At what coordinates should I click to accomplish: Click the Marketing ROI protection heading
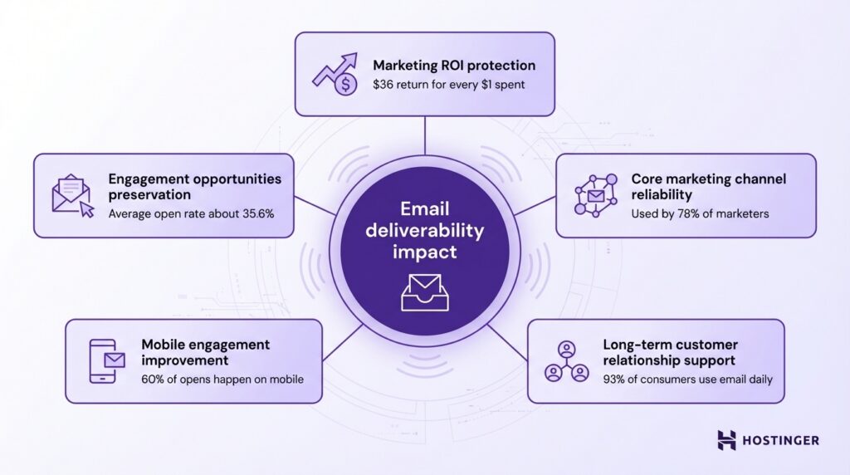pos(453,65)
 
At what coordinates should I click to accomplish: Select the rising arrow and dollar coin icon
pos(335,74)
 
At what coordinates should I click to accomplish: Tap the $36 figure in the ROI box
pos(384,86)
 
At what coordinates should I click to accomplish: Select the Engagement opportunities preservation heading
pos(194,186)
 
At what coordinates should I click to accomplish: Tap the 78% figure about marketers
pos(682,213)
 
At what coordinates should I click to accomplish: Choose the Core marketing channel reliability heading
pos(707,186)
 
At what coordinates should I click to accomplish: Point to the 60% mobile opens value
pos(154,380)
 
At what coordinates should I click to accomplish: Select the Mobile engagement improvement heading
pos(205,352)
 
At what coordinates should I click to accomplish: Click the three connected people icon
pos(564,361)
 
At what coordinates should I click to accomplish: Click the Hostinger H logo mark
pos(726,440)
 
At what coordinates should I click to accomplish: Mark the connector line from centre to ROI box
pos(425,135)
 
